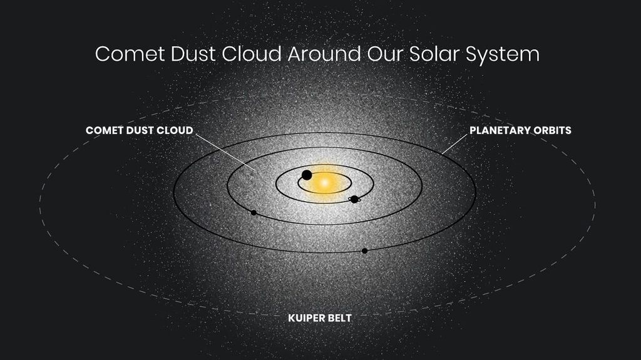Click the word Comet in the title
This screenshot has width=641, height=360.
[130, 54]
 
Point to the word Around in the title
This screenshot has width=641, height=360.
[324, 54]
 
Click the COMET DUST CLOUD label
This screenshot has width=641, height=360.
[140, 130]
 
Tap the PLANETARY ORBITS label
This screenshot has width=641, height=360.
[520, 130]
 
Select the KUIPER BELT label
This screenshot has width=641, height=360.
[320, 318]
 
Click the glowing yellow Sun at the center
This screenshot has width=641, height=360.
[325, 183]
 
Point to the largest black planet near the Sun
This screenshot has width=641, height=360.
[307, 175]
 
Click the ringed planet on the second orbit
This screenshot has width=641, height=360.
[354, 199]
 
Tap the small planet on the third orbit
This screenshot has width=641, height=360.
[254, 213]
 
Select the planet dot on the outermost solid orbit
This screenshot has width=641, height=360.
[365, 251]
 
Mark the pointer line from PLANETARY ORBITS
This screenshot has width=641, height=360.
[454, 145]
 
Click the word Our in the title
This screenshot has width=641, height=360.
[386, 54]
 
